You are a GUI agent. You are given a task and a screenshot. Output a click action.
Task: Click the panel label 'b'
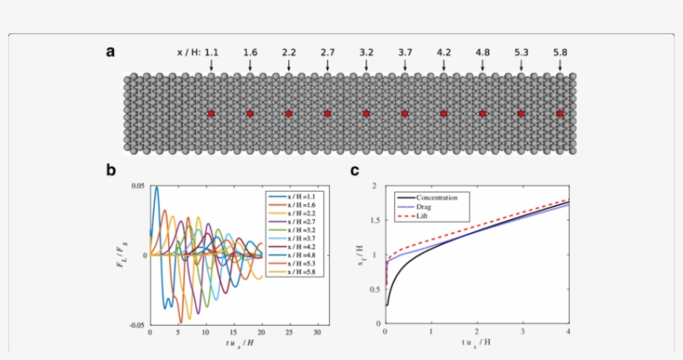[111, 171]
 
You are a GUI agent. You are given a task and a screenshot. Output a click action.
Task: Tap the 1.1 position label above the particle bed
[212, 52]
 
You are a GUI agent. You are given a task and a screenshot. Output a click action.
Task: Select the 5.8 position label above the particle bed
[560, 52]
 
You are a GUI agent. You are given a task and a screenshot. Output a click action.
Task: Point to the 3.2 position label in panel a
[366, 52]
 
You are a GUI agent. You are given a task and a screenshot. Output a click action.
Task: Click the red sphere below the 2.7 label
[327, 113]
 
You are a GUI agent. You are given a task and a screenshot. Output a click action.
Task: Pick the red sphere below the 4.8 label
[482, 113]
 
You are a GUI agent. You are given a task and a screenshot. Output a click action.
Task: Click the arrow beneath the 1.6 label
[250, 65]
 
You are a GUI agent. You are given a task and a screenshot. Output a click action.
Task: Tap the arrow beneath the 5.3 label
[521, 65]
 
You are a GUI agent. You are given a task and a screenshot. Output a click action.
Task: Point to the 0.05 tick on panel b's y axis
[137, 186]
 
